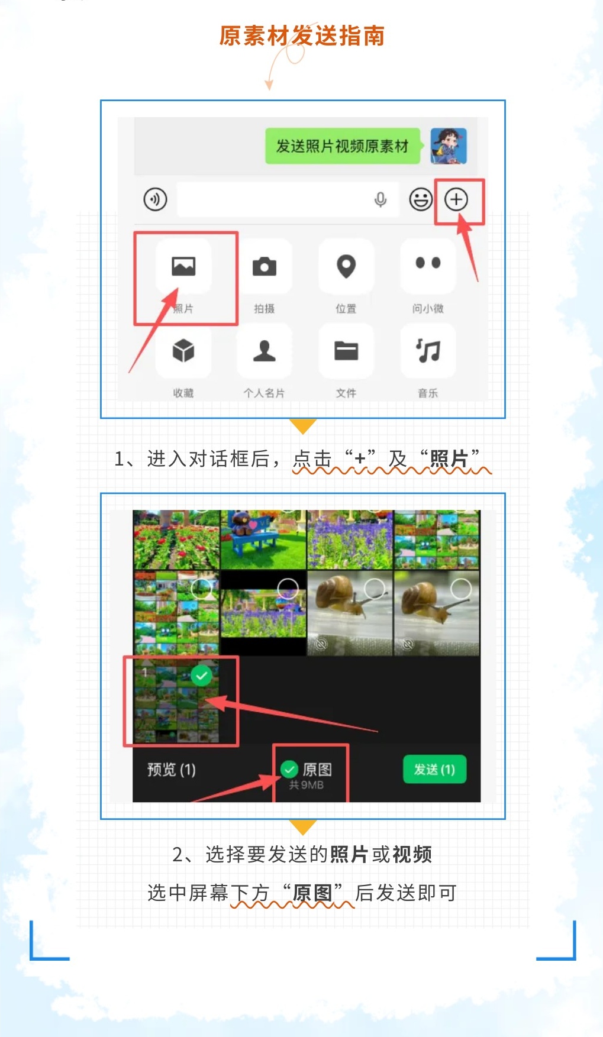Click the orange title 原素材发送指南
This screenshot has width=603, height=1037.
point(302,36)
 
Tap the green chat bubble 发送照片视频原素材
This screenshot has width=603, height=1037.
point(343,146)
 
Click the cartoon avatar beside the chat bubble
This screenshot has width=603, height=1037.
point(449,146)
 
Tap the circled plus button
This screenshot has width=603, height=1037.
point(456,199)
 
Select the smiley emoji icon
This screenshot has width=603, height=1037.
point(421,199)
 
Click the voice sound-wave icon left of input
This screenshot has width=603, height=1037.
point(155,199)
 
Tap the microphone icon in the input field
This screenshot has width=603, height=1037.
point(380,200)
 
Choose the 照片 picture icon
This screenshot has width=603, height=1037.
point(183,266)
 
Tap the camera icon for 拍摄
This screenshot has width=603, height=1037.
point(265,267)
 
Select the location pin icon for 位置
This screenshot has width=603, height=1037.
point(346,266)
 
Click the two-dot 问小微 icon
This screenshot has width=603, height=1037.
point(428,263)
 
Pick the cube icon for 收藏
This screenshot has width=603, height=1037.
point(183,351)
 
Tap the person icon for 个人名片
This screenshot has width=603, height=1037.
point(265,351)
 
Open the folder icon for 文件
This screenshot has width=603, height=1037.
point(346,351)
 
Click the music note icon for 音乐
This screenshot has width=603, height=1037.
point(428,351)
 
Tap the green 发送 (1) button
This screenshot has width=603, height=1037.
point(434,769)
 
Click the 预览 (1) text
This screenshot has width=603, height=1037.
point(171,770)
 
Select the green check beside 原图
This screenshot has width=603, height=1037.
point(289,769)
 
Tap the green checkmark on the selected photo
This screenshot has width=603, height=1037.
point(202,676)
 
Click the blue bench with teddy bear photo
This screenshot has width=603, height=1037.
point(263,540)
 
